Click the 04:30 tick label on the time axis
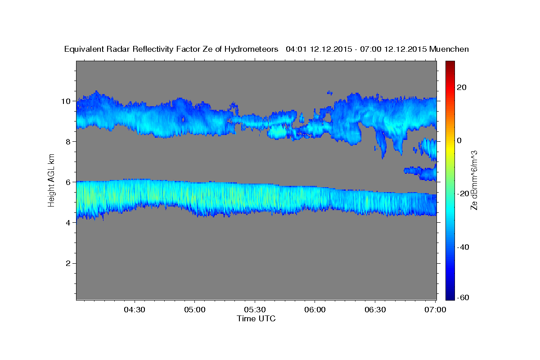135,310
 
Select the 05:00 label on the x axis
195,310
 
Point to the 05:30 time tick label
255,310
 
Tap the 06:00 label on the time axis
315,310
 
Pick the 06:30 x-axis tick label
375,310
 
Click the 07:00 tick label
435,310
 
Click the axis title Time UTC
256,319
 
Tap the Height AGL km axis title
52,180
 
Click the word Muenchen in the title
449,49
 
